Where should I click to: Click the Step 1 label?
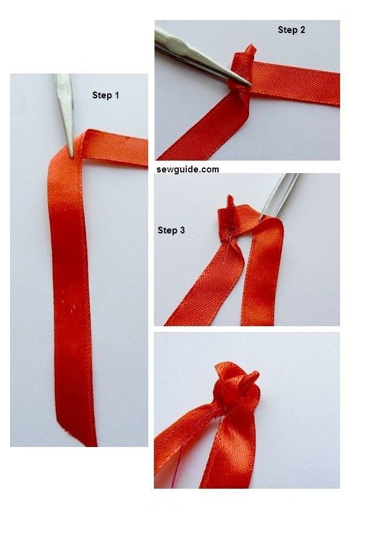pos(105,95)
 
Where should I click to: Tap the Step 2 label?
pos(291,29)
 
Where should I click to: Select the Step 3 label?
pos(171,230)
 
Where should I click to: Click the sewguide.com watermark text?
pos(187,169)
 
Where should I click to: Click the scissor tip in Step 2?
pos(248,84)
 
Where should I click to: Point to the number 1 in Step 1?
pos(116,95)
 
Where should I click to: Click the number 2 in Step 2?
pos(302,29)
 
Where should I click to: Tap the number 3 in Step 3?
pos(182,230)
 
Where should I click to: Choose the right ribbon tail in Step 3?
pos(260,280)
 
